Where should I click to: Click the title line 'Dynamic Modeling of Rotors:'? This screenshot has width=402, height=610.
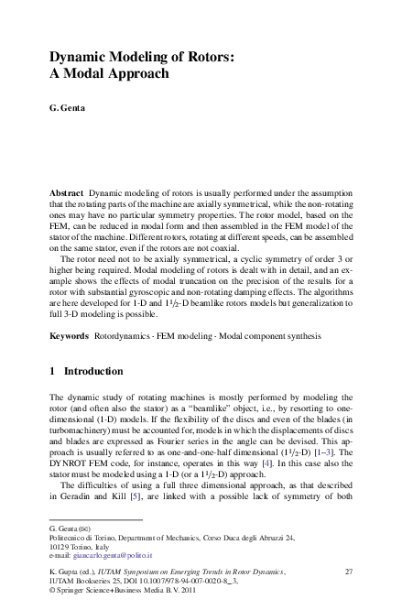point(141,57)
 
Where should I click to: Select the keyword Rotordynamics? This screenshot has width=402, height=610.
point(125,336)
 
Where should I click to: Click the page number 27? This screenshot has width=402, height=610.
point(348,572)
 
